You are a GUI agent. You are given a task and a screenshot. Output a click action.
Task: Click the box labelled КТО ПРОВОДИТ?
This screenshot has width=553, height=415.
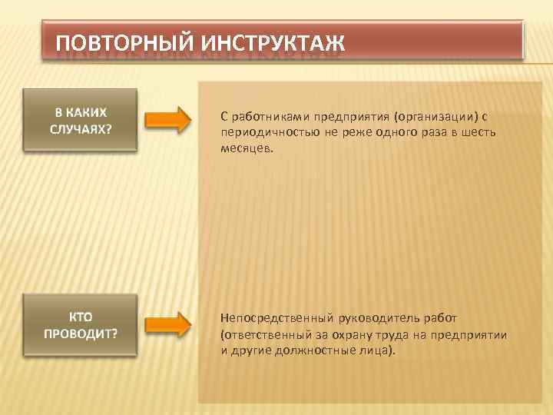(x=81, y=324)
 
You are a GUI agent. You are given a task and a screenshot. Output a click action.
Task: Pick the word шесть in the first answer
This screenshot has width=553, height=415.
(x=478, y=132)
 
